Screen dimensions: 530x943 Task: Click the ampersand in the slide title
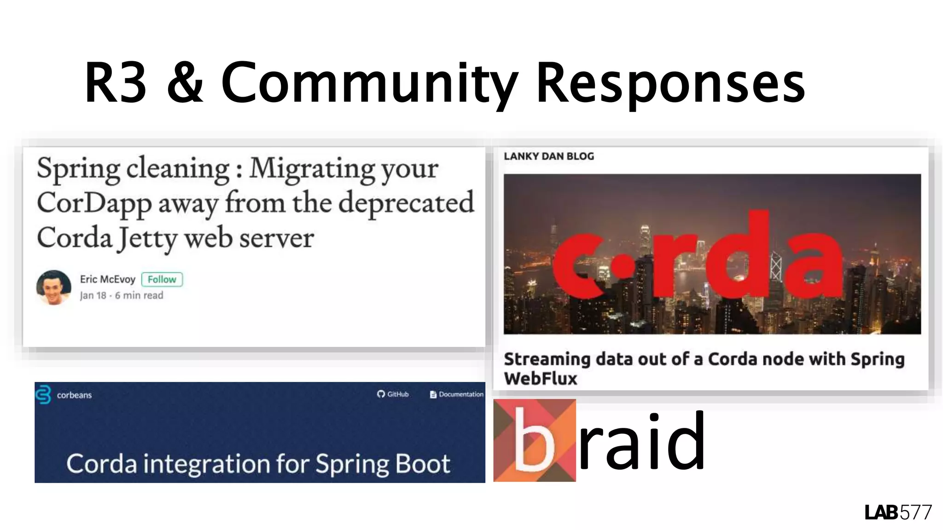click(185, 83)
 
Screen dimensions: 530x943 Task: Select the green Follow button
click(162, 279)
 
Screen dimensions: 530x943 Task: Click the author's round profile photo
click(53, 288)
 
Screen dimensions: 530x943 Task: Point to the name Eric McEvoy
click(107, 279)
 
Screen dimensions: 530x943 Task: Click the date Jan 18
click(93, 295)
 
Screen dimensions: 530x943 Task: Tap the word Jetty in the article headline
click(147, 239)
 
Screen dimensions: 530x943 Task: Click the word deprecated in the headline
click(406, 203)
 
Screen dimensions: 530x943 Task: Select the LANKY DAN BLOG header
click(548, 156)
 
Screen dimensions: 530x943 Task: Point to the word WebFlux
click(540, 379)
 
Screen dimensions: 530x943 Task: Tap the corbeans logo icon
click(43, 394)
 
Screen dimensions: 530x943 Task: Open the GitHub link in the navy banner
click(393, 394)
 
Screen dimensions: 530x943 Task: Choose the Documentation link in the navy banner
click(457, 394)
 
